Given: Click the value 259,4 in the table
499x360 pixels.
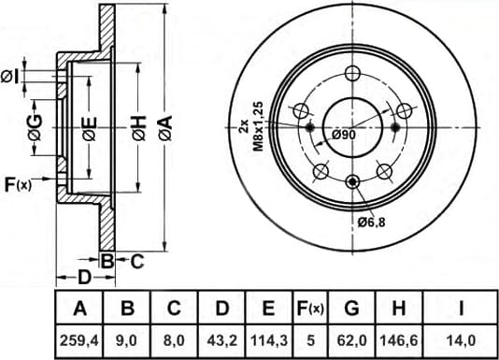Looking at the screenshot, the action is [x=79, y=341].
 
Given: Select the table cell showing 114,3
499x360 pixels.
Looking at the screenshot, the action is [x=269, y=341].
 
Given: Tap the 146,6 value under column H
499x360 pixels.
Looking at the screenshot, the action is [x=399, y=341].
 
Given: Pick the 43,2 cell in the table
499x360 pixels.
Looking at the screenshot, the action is [x=221, y=341].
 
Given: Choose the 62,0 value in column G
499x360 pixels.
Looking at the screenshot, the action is [x=351, y=341].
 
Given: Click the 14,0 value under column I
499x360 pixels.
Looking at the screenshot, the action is [x=461, y=341].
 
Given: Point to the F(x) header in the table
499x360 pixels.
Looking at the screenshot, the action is [x=310, y=308].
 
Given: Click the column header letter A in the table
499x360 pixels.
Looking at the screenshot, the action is [x=79, y=308].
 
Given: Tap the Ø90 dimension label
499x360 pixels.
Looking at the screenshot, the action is [x=343, y=135].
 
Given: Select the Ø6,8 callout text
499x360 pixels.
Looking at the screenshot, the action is [x=371, y=222].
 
